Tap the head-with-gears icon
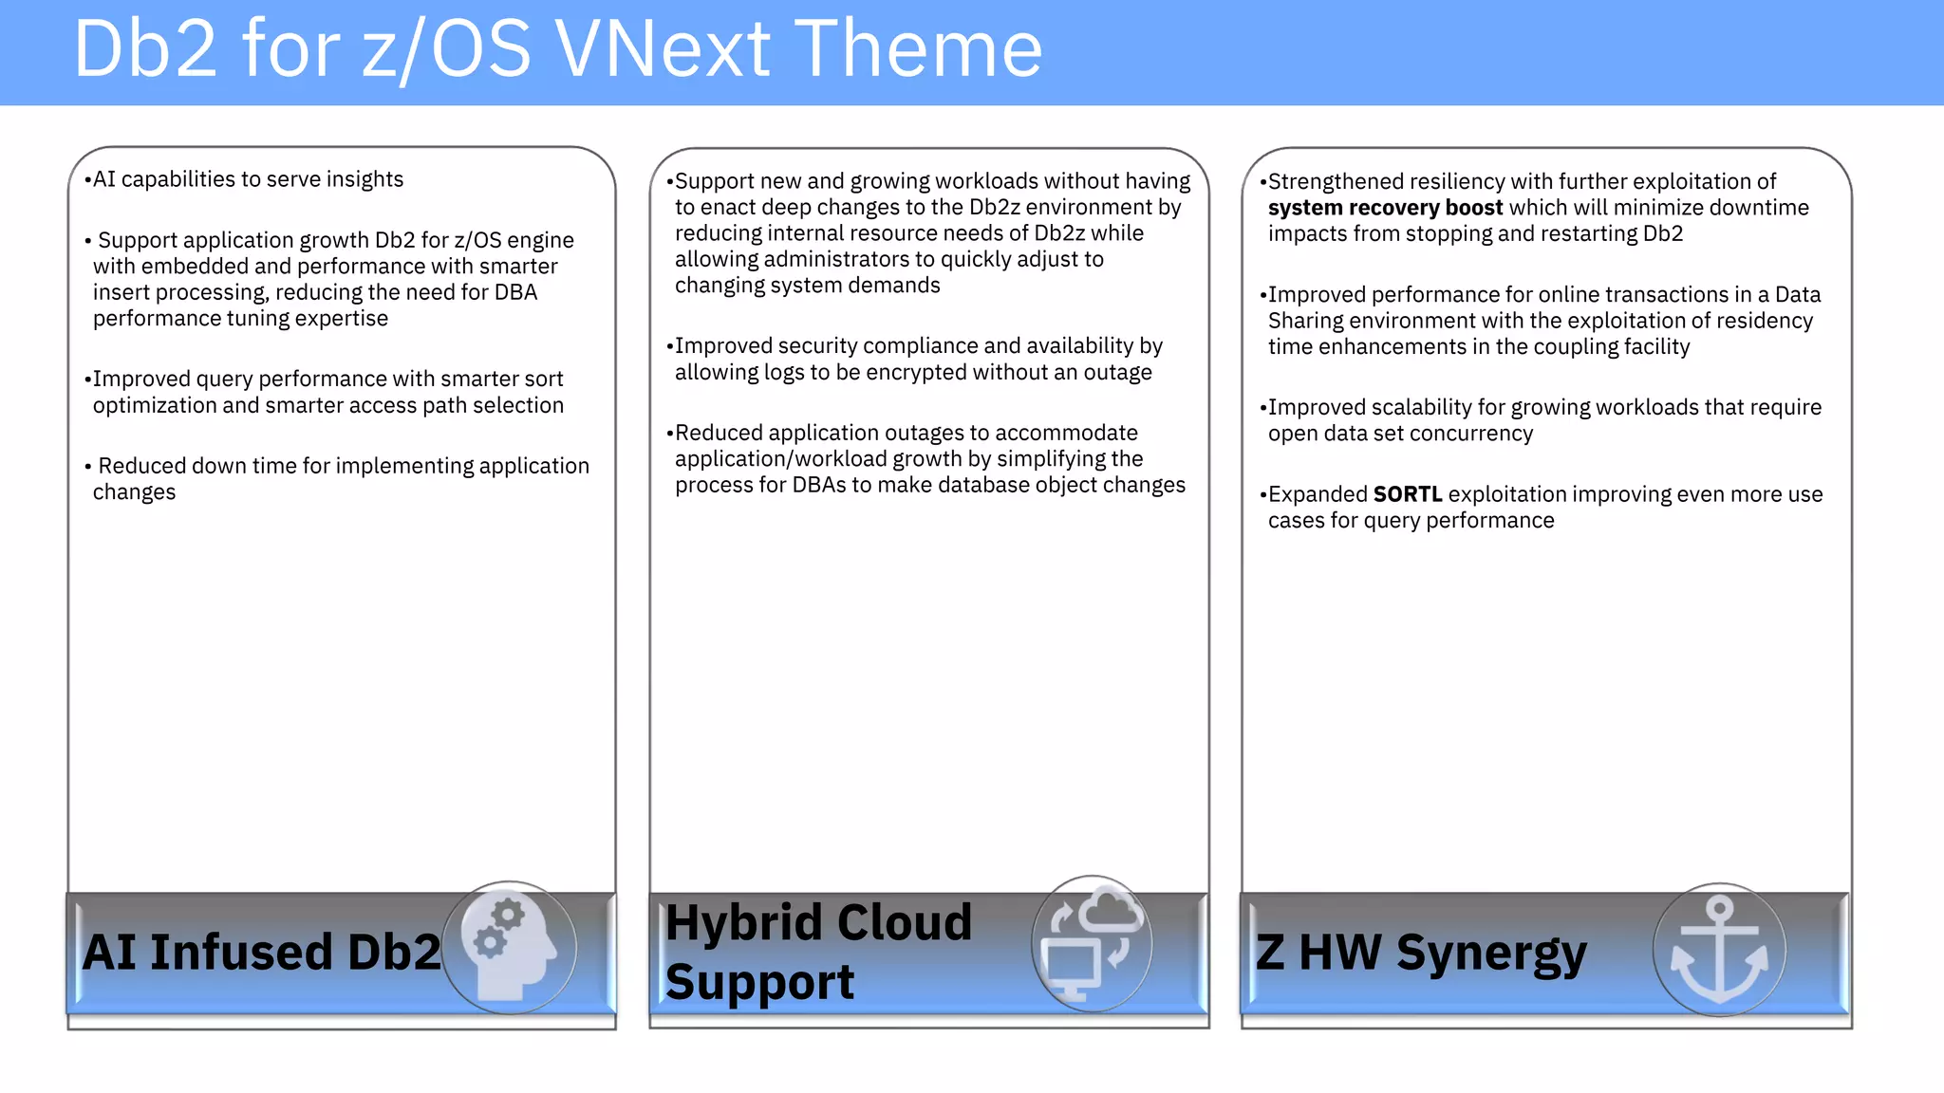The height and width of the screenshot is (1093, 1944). (x=509, y=947)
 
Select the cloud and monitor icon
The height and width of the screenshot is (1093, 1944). (x=1092, y=943)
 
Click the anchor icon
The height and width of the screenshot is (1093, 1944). (x=1719, y=949)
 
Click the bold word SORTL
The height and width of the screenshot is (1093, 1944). (x=1408, y=494)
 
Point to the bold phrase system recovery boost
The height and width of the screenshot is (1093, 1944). (x=1385, y=208)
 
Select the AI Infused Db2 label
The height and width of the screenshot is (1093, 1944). (x=261, y=952)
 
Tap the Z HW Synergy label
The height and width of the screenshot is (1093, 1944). (x=1420, y=952)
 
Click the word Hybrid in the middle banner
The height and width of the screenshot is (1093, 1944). (x=742, y=922)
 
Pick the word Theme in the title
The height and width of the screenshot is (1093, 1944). (x=918, y=49)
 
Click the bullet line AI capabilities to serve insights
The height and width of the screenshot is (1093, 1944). (x=247, y=179)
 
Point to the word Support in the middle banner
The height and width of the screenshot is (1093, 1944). (x=759, y=982)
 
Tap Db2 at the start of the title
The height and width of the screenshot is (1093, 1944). (x=145, y=49)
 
